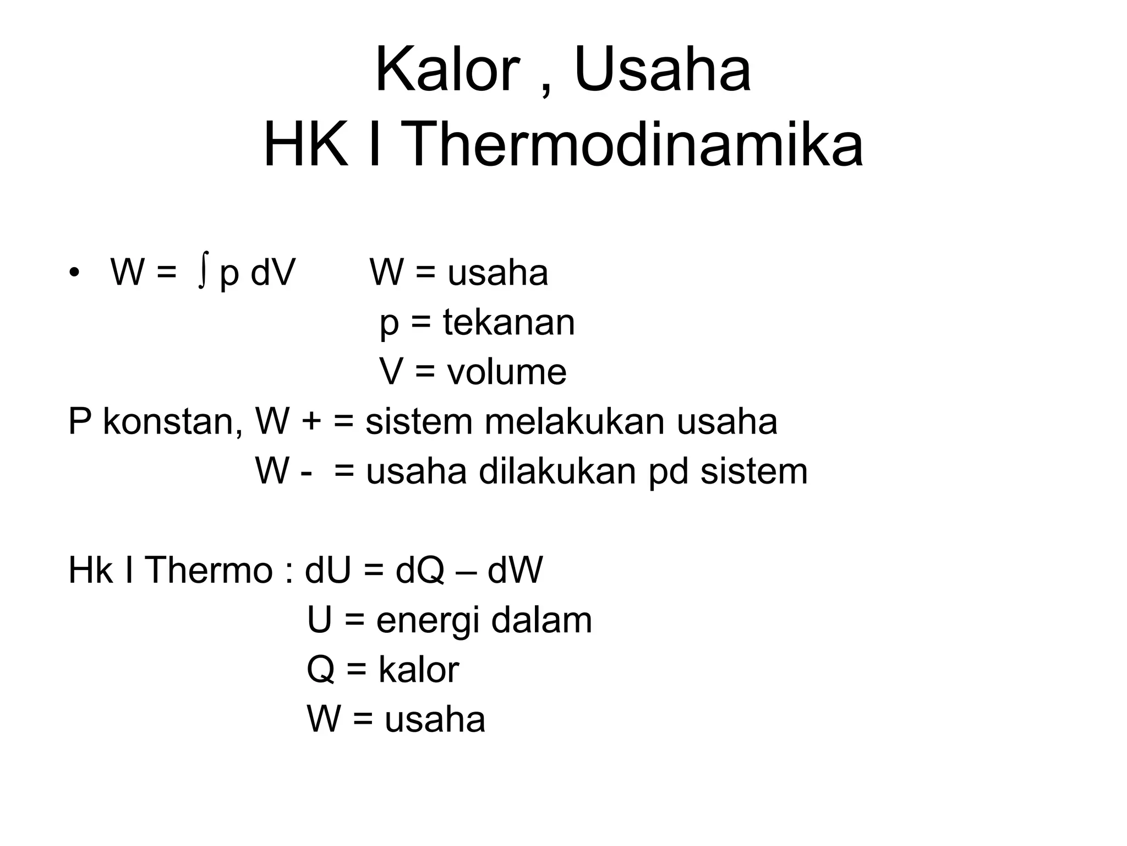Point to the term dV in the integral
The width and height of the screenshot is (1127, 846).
click(x=273, y=273)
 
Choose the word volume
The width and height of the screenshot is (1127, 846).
click(x=506, y=372)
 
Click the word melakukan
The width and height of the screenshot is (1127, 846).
click(x=575, y=422)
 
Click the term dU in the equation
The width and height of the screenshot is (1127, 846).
click(x=328, y=570)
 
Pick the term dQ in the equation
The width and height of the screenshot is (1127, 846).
click(x=419, y=570)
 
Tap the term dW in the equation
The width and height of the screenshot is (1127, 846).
click(x=515, y=570)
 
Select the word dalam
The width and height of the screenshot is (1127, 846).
click(x=541, y=620)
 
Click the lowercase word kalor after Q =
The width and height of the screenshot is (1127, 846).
click(x=418, y=670)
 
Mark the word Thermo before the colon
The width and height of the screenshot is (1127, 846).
click(x=209, y=570)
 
